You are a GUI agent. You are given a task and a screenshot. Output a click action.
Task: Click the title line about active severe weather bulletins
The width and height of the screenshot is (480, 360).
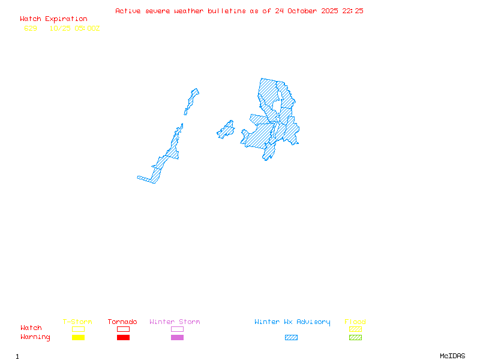[239, 11]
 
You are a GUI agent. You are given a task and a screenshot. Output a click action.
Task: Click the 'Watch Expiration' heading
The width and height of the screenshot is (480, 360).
[53, 19]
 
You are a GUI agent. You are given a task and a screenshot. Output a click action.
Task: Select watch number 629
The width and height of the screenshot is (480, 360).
[31, 28]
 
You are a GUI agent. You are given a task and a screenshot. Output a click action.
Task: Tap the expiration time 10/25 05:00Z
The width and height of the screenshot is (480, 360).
[74, 28]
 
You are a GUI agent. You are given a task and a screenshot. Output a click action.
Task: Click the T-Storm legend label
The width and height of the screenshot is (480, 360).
[77, 322]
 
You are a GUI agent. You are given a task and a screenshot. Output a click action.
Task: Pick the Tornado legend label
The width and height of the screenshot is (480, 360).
[122, 322]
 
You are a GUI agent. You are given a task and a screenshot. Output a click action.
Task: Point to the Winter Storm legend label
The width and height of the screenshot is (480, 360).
[175, 322]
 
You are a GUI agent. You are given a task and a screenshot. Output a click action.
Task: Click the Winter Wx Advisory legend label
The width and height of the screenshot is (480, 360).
[292, 322]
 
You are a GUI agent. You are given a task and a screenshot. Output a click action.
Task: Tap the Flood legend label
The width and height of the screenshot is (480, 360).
[355, 322]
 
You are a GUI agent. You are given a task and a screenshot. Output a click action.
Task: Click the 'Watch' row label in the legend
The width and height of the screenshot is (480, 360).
[31, 328]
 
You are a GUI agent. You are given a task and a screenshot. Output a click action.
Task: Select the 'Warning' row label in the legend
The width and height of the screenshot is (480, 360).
[35, 337]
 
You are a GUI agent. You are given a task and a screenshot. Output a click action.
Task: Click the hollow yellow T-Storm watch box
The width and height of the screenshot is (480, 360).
[78, 329]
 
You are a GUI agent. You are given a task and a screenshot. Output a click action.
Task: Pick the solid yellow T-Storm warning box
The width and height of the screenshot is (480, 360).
[78, 338]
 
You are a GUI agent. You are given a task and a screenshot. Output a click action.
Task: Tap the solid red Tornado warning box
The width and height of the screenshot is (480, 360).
[123, 338]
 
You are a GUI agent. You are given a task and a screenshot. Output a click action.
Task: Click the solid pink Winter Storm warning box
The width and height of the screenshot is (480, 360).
[177, 338]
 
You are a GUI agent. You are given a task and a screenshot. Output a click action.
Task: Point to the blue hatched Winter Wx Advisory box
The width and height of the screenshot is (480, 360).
[291, 338]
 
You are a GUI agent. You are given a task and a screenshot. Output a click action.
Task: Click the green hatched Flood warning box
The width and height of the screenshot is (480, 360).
[355, 338]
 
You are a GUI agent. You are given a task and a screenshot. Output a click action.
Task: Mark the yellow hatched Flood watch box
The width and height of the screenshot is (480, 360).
[355, 329]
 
